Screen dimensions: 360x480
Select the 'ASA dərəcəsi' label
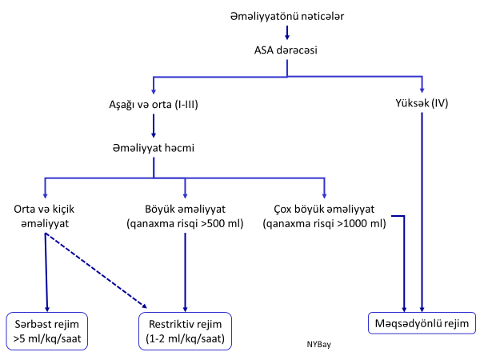point(287,51)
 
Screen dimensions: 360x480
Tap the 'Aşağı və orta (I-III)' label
point(153,105)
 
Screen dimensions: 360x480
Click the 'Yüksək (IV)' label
point(423,105)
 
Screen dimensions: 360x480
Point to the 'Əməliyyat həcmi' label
point(153,147)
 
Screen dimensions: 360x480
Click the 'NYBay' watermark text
point(318,345)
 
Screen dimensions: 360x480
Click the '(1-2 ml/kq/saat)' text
point(186,338)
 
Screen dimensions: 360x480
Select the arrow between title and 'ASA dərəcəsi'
point(287,32)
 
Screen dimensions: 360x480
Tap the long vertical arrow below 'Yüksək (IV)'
point(423,208)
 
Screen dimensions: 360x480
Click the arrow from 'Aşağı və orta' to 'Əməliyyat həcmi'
point(153,126)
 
